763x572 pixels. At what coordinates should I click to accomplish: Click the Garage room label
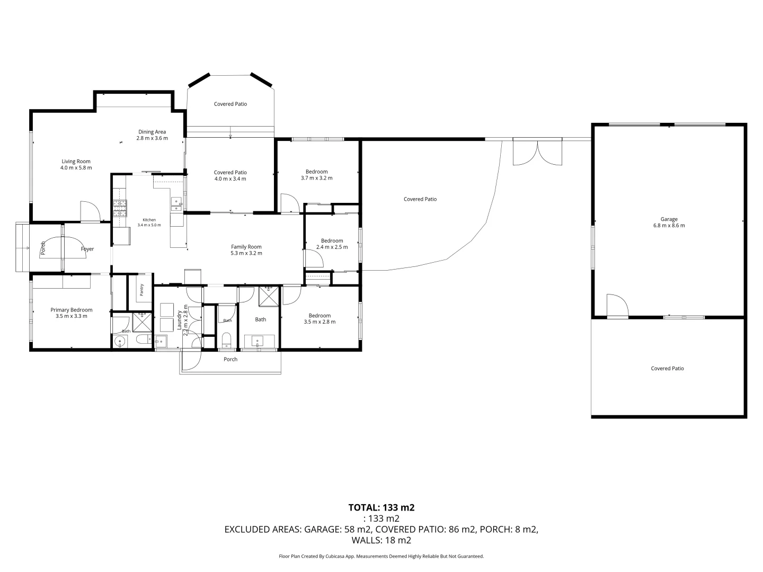669,219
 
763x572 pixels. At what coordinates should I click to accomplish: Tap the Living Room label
76,162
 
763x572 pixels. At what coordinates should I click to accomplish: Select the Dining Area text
152,132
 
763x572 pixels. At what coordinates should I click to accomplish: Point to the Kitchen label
149,220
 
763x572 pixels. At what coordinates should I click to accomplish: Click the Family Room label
246,247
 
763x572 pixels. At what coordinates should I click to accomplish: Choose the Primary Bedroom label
71,310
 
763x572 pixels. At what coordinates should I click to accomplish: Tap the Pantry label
141,290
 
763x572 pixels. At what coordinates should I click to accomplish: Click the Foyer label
87,249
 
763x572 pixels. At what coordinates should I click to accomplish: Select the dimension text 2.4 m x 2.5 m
332,247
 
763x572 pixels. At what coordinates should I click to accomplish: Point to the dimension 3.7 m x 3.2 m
316,178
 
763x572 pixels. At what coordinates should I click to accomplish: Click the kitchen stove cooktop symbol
120,208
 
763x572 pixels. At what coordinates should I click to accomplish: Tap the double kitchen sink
176,204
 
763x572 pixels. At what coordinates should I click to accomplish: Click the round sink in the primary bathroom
120,342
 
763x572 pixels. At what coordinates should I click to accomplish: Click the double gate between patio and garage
537,152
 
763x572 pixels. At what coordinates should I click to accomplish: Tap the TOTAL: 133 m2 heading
381,508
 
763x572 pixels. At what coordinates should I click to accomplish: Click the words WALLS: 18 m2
381,540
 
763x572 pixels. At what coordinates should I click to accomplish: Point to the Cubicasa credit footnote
381,556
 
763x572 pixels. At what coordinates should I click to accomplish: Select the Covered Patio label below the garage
667,369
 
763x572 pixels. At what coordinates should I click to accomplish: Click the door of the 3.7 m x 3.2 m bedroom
290,203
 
